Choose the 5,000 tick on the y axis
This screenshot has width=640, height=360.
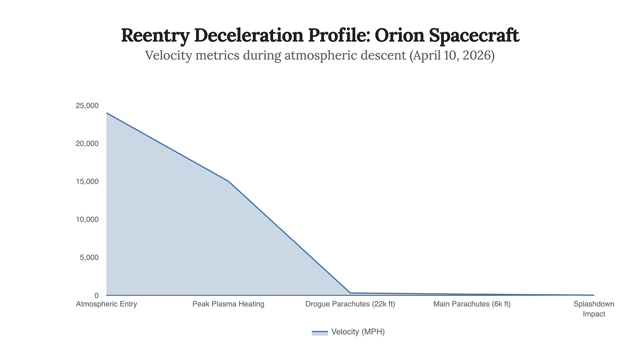point(88,257)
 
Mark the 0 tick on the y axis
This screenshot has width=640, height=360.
point(96,295)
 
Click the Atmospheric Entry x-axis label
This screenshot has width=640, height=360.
point(106,304)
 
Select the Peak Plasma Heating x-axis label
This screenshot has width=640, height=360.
point(228,304)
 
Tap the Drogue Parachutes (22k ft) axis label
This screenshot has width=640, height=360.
point(350,304)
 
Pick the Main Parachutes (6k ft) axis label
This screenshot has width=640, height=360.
point(472,304)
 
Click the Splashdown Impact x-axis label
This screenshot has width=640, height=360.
point(593,309)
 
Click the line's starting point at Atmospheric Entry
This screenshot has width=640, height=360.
point(107,113)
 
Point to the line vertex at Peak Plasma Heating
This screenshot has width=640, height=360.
point(229,182)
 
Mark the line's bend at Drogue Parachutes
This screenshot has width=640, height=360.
point(350,293)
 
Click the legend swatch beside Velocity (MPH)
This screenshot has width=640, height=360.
point(320,332)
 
